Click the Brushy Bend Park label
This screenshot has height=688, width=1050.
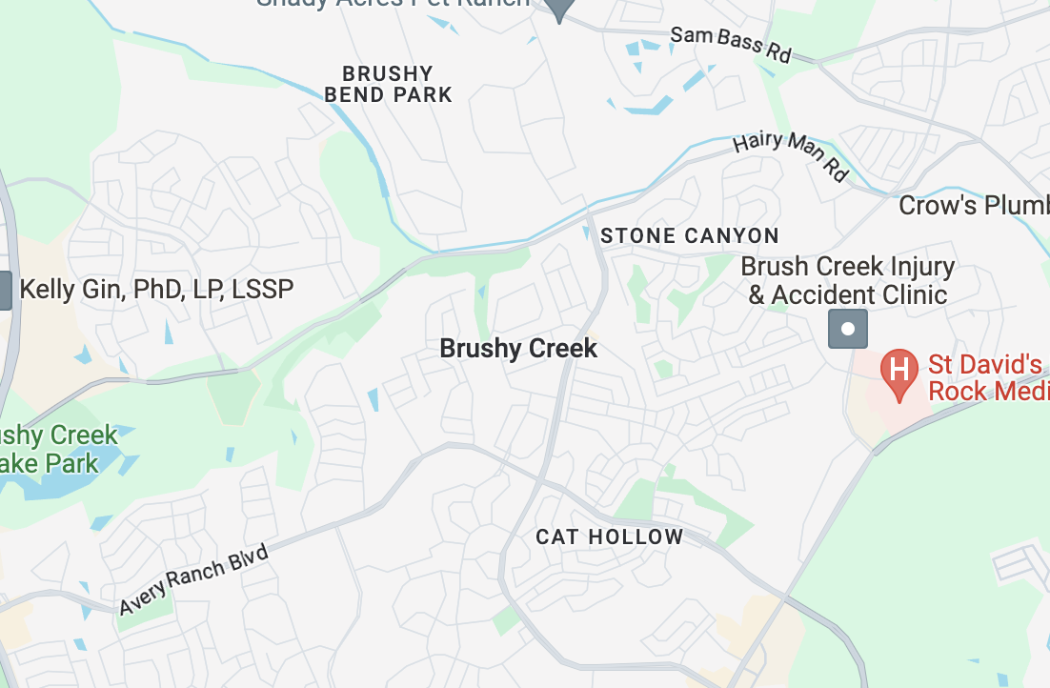click(x=388, y=84)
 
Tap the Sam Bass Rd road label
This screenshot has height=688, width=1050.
click(x=730, y=44)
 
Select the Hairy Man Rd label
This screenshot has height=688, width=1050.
click(x=790, y=155)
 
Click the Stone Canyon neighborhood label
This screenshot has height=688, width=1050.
click(x=690, y=235)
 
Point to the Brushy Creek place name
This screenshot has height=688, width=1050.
click(x=518, y=349)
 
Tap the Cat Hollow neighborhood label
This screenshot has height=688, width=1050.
click(x=610, y=536)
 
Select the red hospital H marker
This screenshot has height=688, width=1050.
click(x=899, y=369)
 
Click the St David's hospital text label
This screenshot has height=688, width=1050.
click(x=987, y=377)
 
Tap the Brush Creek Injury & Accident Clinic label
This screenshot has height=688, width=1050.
click(x=847, y=280)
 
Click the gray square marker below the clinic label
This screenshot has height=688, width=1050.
click(x=848, y=330)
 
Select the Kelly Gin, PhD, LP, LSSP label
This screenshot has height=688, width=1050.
click(x=156, y=289)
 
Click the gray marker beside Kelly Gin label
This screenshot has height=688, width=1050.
click(x=5, y=290)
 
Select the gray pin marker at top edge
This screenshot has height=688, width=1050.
click(x=559, y=9)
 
